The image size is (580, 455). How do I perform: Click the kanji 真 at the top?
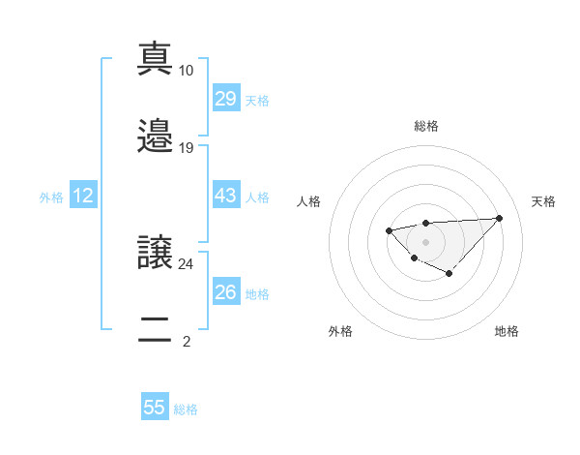[155, 59]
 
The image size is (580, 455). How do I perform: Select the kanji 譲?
[155, 253]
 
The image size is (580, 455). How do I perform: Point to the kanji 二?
[155, 329]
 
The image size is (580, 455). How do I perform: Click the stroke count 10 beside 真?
[187, 71]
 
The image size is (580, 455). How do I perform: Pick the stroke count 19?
[187, 148]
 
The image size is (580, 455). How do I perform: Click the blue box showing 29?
[225, 99]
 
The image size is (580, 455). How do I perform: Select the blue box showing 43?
[225, 196]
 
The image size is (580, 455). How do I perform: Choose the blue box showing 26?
[225, 292]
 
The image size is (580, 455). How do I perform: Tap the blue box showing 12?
[83, 196]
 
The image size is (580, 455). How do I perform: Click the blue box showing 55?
[155, 408]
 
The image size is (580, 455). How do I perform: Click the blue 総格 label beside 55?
[186, 409]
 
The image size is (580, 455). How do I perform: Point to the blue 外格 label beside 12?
[51, 197]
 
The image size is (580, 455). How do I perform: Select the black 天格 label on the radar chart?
[543, 201]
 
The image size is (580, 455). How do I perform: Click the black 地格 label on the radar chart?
[507, 331]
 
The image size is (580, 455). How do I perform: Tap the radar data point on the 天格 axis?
[500, 218]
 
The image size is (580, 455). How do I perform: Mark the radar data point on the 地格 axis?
[449, 274]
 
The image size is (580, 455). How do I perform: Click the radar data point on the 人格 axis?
[389, 230]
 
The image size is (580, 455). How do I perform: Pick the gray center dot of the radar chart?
[425, 241]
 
